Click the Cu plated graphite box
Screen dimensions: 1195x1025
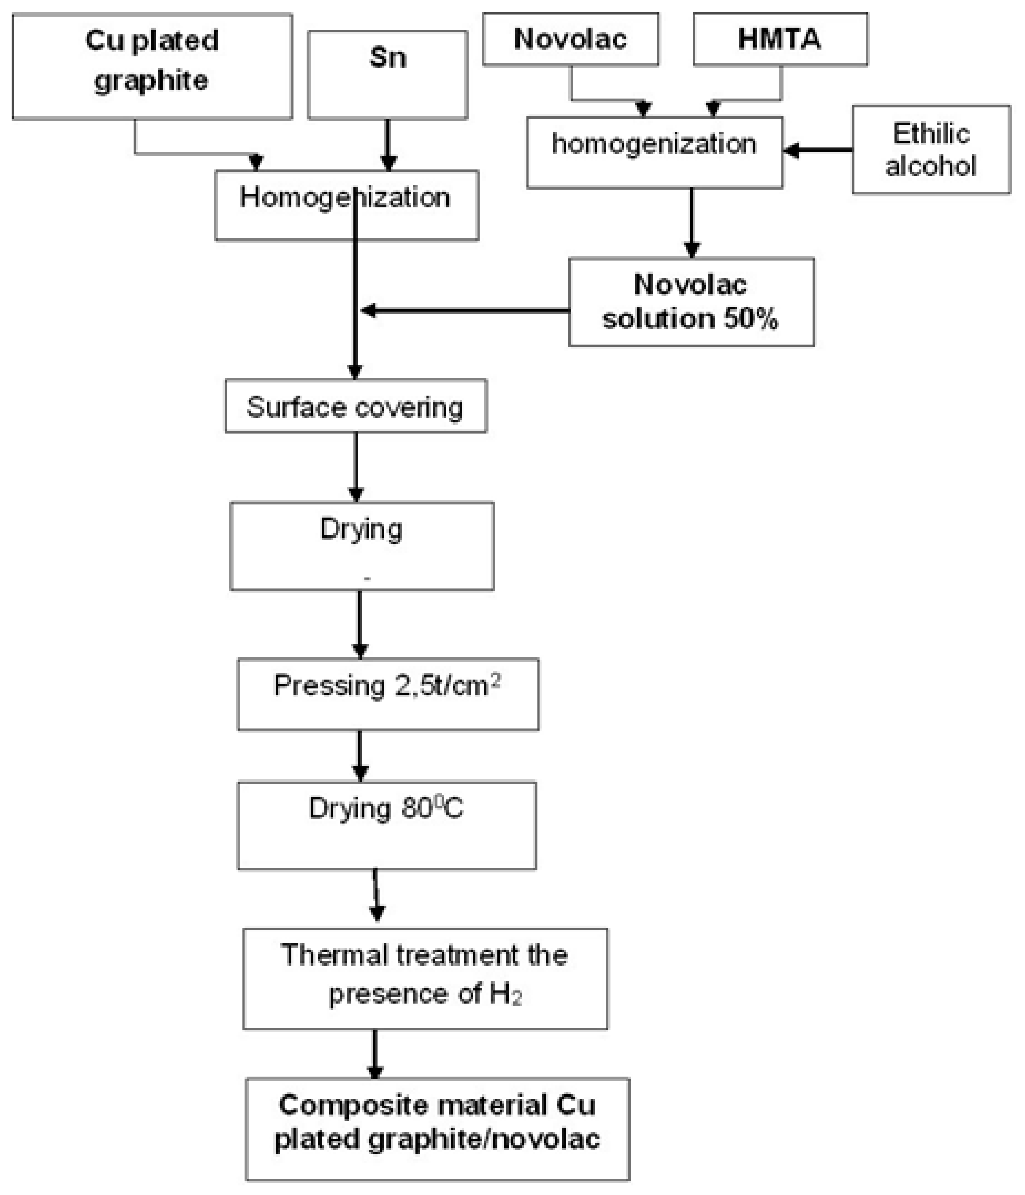[x=152, y=66]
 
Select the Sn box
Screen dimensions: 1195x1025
[x=387, y=75]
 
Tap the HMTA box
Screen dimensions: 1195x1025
[x=780, y=39]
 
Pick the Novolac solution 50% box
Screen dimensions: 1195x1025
[x=691, y=302]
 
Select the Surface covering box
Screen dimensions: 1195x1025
[x=355, y=407]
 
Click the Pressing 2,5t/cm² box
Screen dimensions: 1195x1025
[x=388, y=694]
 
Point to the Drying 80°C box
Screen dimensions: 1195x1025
[x=386, y=825]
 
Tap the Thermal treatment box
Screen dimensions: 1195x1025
[x=425, y=979]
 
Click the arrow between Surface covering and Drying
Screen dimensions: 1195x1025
[x=356, y=467]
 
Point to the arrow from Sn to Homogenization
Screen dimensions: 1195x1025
[x=388, y=144]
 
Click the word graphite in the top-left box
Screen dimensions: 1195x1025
[x=151, y=81]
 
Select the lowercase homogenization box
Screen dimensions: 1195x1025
[x=654, y=152]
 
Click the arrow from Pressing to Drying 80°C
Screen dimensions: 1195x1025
[x=360, y=756]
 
